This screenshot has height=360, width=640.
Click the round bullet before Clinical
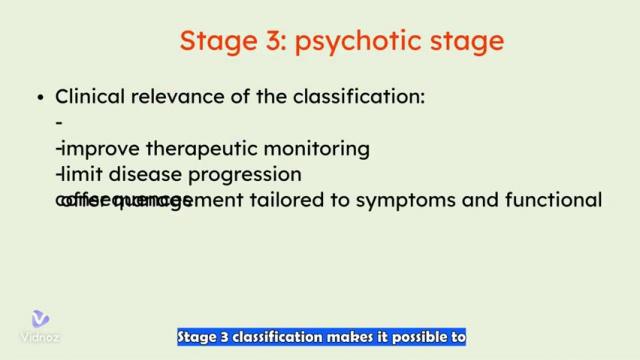coord(41,98)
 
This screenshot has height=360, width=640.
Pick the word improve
coord(101,149)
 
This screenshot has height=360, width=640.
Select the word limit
coord(80,174)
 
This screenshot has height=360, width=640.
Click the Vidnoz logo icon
coord(40,319)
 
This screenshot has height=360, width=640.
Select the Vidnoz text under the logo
coord(40,337)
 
